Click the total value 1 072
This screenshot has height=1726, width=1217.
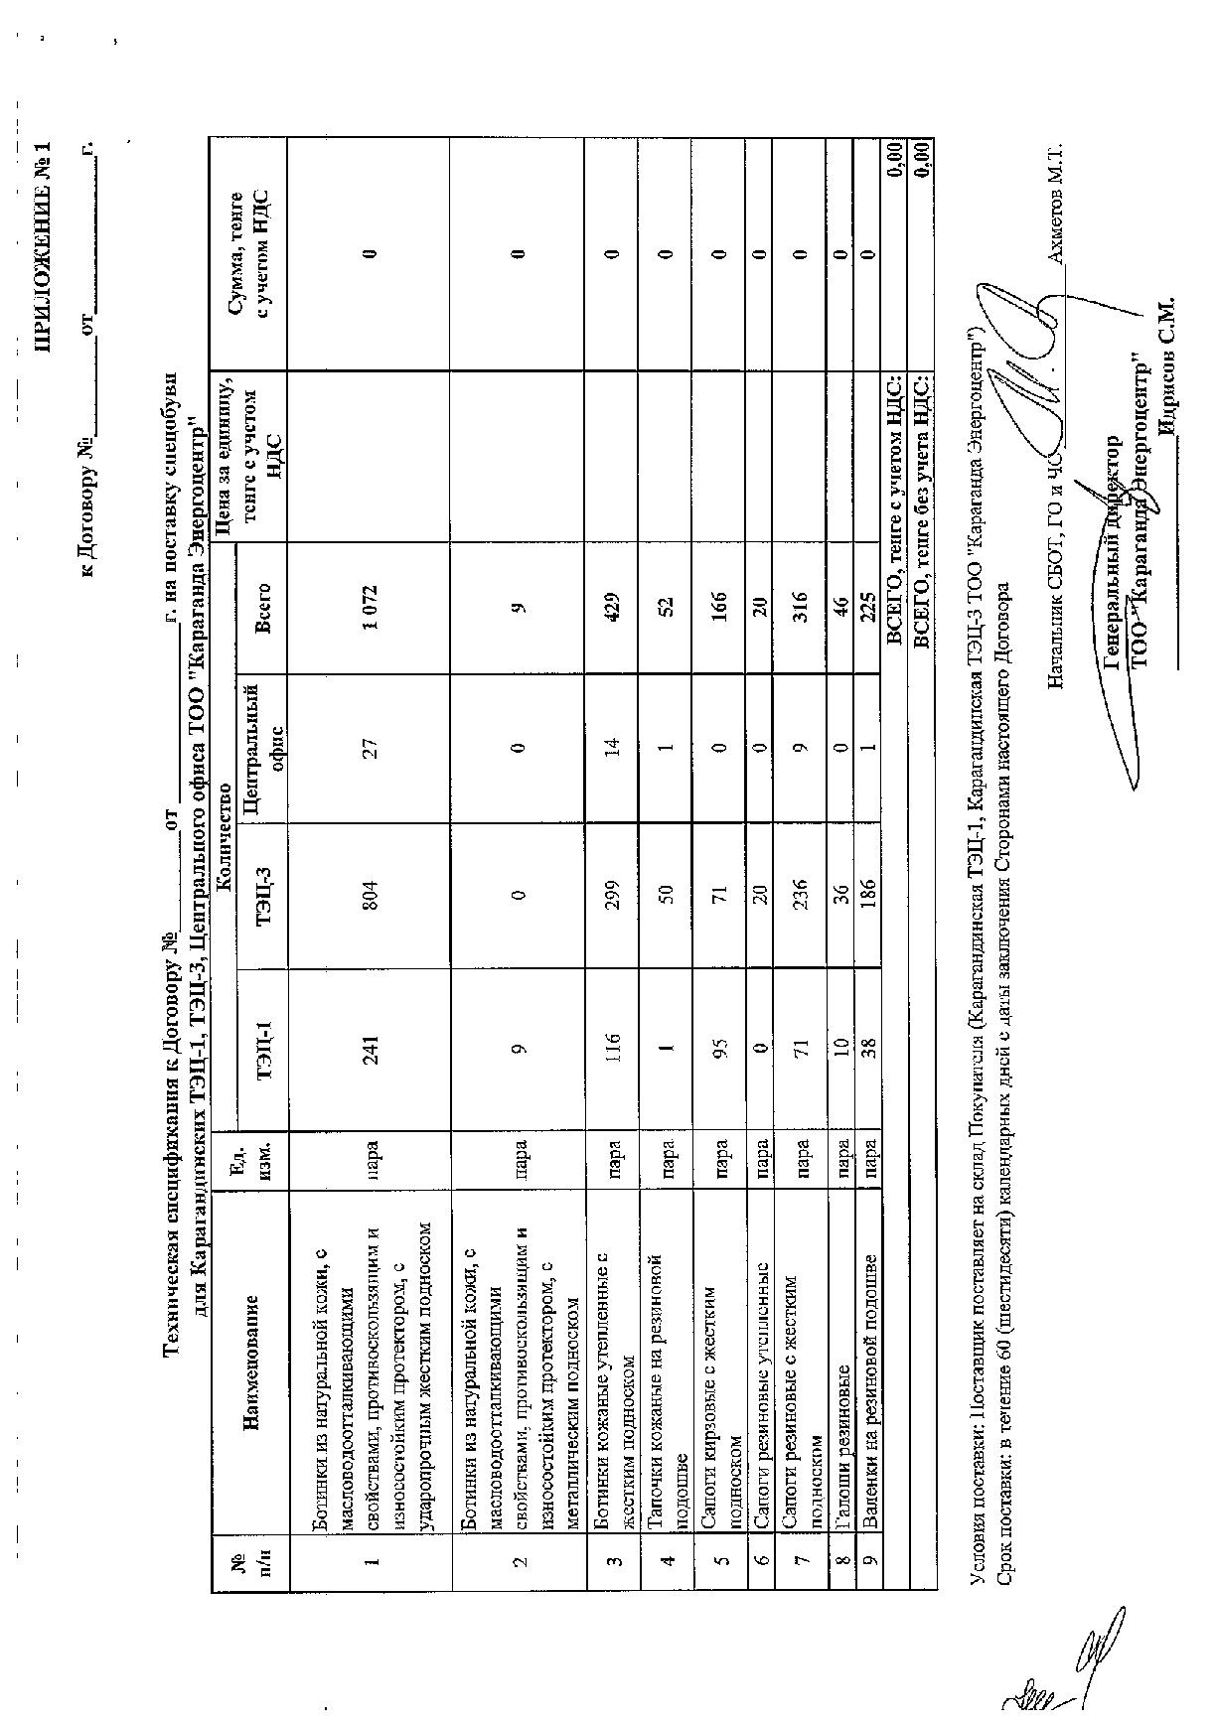point(370,607)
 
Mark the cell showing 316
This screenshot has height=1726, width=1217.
point(802,607)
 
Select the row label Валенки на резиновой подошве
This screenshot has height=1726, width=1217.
point(867,1368)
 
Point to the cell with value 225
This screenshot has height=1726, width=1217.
point(867,607)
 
